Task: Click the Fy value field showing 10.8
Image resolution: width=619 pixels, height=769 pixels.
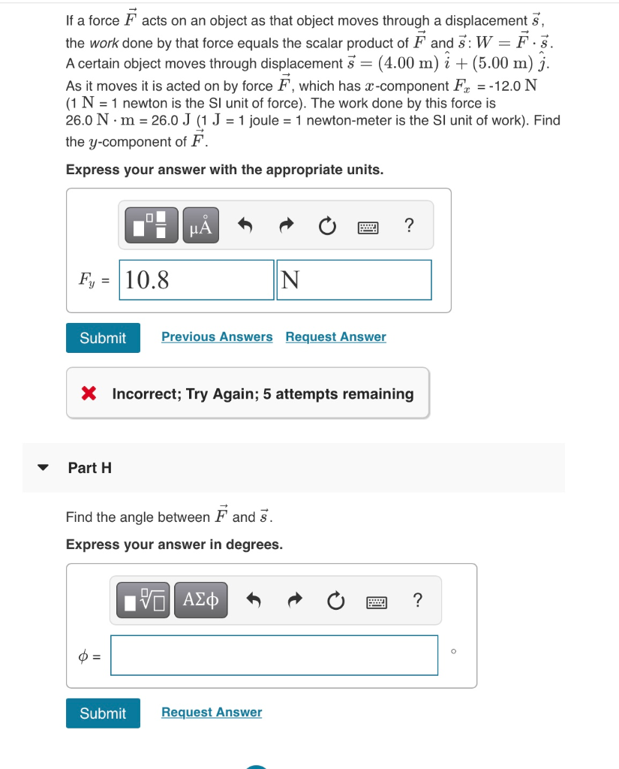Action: point(196,280)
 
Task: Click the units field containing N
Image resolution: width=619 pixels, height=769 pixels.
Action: point(353,280)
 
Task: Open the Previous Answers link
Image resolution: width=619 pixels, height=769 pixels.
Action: point(217,337)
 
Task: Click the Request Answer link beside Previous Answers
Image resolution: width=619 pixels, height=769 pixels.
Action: point(335,337)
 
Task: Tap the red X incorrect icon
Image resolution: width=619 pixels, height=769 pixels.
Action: point(89,394)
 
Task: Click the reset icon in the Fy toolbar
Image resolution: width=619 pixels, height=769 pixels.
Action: point(327,225)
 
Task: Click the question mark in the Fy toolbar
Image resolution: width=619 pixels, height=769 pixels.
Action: point(408,225)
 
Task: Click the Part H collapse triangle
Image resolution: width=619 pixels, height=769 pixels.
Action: point(44,468)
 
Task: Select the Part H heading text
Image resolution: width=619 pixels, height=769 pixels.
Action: point(89,468)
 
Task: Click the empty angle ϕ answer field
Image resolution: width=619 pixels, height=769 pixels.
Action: point(274,656)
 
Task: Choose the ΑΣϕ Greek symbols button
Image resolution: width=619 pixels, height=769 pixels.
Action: point(201,600)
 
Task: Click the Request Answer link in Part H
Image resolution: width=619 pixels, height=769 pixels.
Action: point(212,713)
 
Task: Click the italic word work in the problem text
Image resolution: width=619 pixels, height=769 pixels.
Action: point(104,43)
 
